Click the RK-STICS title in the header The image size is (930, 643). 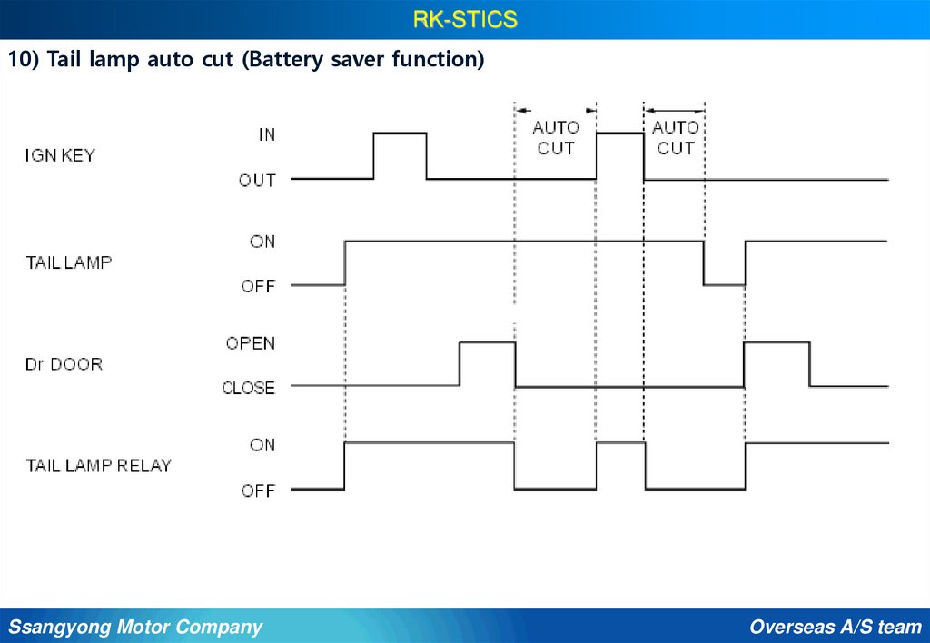464,19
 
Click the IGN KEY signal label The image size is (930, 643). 59,155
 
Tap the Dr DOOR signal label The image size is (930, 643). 64,364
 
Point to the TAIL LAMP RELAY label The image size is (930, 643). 98,466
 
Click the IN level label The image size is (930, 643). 266,134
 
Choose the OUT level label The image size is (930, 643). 257,180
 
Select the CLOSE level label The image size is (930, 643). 248,388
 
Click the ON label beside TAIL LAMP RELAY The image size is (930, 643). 262,445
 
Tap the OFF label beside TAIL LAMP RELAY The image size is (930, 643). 258,490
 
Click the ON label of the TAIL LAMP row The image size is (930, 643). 262,242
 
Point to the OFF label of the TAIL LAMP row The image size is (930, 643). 258,286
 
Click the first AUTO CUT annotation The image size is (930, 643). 555,137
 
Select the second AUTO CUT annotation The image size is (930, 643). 675,137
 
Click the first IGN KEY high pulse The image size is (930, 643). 400,134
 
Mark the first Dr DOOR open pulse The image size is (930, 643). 487,344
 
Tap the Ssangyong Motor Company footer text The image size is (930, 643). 135,627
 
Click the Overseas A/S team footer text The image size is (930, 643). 836,627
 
